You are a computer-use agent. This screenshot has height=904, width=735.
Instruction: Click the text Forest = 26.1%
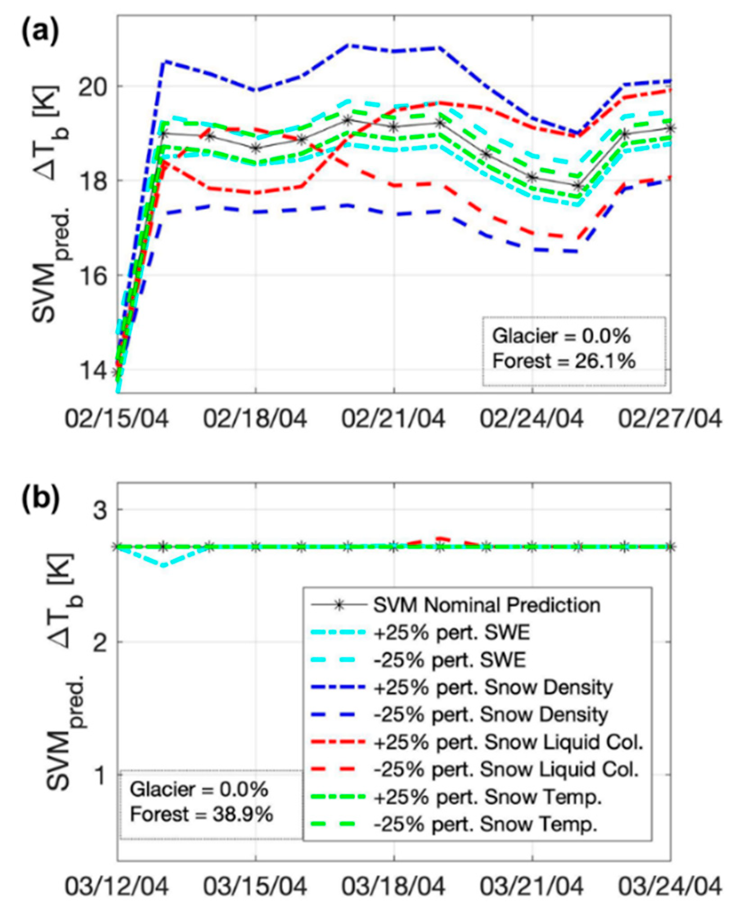[x=564, y=361]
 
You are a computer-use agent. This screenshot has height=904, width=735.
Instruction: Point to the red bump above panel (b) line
[x=440, y=538]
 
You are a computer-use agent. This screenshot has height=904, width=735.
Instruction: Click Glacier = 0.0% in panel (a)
[x=561, y=336]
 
